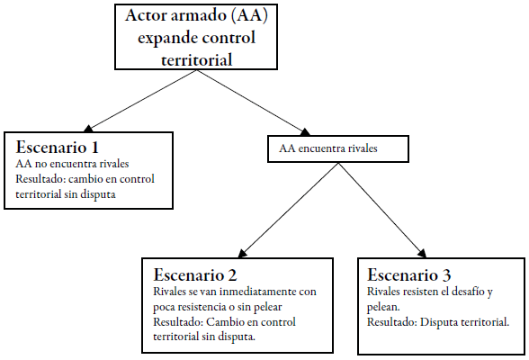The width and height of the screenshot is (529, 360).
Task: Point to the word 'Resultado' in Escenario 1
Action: pos(42,179)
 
